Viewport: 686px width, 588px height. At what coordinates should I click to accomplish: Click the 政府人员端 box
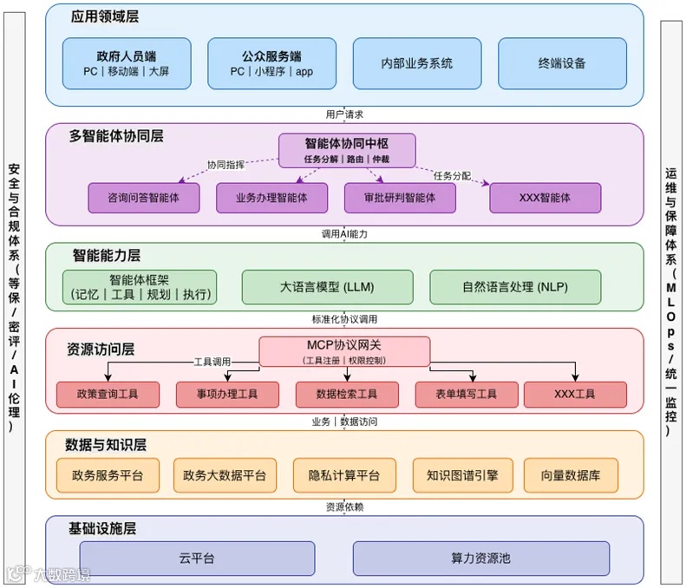pyautogui.click(x=127, y=63)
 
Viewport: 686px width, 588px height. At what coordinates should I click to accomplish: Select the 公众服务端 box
pyautogui.click(x=271, y=63)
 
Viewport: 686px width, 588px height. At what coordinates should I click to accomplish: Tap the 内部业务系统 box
pyautogui.click(x=416, y=63)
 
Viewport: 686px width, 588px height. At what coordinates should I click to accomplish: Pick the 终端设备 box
pyautogui.click(x=561, y=63)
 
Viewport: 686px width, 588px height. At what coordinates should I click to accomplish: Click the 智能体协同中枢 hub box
pyautogui.click(x=347, y=149)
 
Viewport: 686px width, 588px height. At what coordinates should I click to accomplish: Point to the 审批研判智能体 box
pyautogui.click(x=400, y=198)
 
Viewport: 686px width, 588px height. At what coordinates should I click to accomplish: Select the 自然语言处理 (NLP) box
pyautogui.click(x=515, y=287)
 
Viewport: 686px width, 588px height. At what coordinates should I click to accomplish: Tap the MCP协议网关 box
pyautogui.click(x=345, y=350)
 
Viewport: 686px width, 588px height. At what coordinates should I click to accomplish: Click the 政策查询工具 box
pyautogui.click(x=108, y=395)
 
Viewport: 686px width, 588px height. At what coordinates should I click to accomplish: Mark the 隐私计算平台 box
pyautogui.click(x=344, y=475)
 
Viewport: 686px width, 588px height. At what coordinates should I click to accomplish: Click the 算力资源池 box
pyautogui.click(x=480, y=559)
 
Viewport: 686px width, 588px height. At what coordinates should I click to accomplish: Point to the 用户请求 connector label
pyautogui.click(x=344, y=114)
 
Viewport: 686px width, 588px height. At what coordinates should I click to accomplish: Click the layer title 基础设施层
pyautogui.click(x=102, y=528)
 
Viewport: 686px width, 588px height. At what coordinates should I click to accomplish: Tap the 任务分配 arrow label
pyautogui.click(x=452, y=176)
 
